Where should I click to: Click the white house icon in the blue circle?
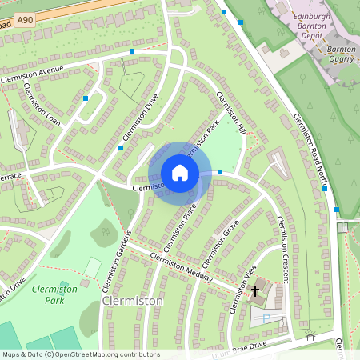point(180,173)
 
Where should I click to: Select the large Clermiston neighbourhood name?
point(133,301)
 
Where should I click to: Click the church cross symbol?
point(257,290)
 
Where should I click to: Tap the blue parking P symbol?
point(266,318)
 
